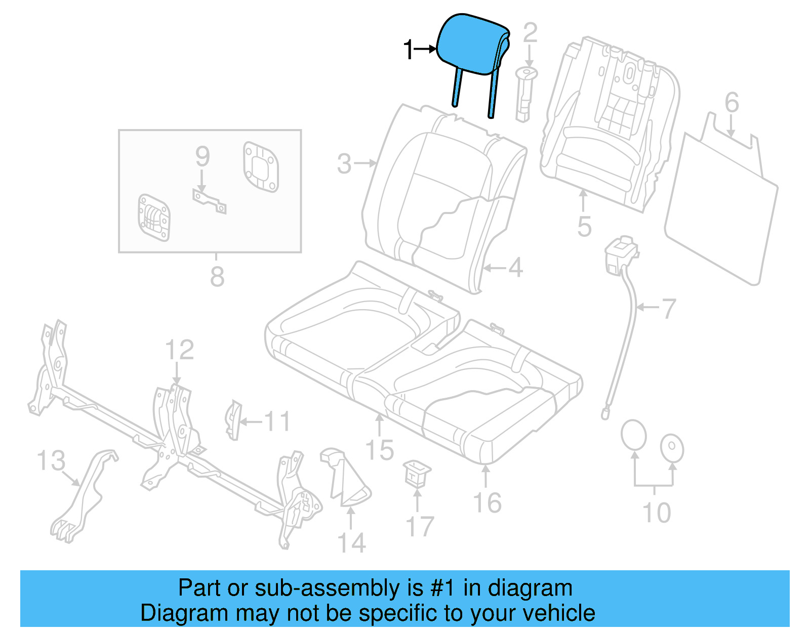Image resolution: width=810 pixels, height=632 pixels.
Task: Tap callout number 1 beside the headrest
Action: [x=409, y=50]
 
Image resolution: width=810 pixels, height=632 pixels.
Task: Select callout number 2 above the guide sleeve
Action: [x=530, y=33]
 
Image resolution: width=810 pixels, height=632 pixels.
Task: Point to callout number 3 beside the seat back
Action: [x=344, y=164]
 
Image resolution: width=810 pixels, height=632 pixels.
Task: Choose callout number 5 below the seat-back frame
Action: [x=584, y=226]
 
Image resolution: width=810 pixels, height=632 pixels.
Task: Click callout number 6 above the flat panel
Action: [x=732, y=103]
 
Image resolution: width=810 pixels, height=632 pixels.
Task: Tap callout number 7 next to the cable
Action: [x=669, y=308]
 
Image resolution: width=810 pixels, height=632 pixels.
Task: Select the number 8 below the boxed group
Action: [x=217, y=277]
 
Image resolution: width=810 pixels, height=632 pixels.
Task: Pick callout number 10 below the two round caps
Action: [x=657, y=513]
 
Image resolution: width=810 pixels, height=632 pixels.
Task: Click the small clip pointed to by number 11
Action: [x=233, y=419]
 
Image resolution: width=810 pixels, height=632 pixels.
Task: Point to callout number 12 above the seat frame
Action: [x=179, y=350]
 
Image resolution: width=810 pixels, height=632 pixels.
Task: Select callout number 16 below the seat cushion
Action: [x=487, y=503]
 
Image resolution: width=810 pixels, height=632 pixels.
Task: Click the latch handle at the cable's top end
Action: [x=621, y=256]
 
